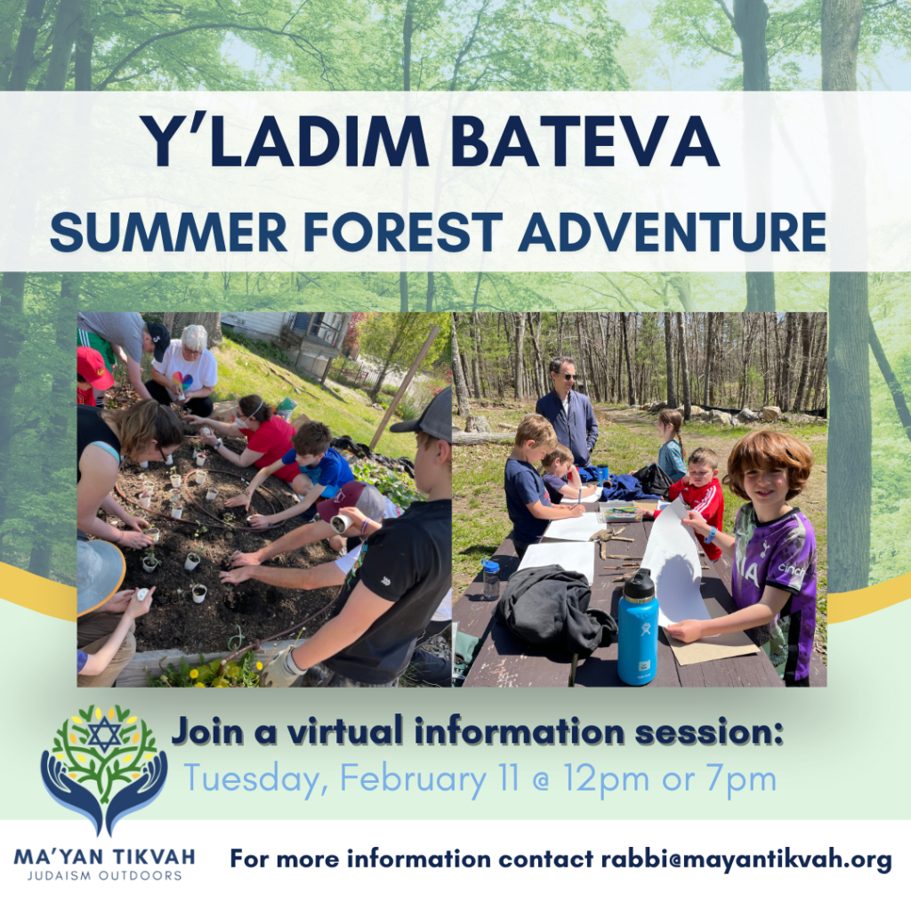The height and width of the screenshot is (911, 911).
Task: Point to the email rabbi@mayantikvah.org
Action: [746, 859]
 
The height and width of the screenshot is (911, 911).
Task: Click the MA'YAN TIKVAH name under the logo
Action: [104, 858]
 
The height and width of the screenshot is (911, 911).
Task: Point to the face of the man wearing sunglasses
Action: [562, 372]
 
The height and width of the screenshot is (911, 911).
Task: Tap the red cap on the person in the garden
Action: [93, 367]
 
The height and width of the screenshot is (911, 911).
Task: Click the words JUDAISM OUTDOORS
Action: [104, 875]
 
